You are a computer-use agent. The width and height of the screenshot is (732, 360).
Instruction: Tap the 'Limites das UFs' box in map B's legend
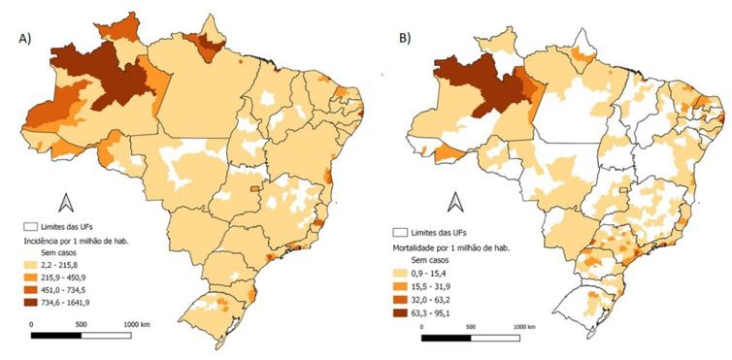tap(399, 234)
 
